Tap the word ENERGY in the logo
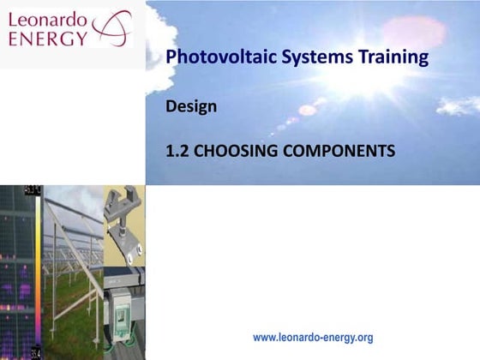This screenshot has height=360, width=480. point(47,38)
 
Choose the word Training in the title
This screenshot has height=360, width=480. point(387,58)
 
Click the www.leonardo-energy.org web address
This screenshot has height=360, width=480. point(313,338)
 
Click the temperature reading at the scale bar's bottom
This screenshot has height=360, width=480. point(35,351)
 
